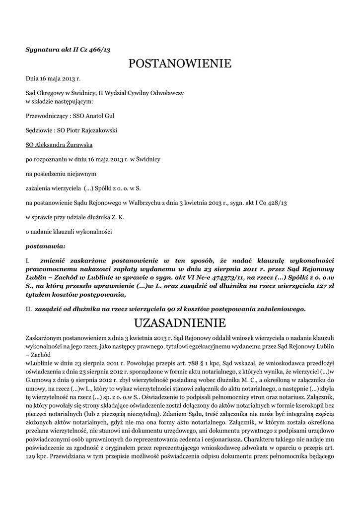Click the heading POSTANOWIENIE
point(180,64)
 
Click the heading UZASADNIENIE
point(180,323)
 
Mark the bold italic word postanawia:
point(45,246)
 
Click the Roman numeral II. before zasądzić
point(29,309)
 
